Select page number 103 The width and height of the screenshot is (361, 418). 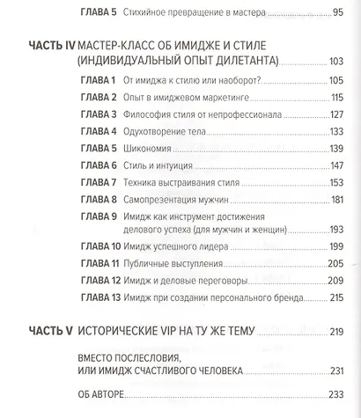[x=335, y=61]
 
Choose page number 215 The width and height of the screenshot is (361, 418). [x=334, y=298]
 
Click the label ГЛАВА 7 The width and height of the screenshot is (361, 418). [x=99, y=182]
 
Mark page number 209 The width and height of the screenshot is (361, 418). [x=334, y=281]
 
